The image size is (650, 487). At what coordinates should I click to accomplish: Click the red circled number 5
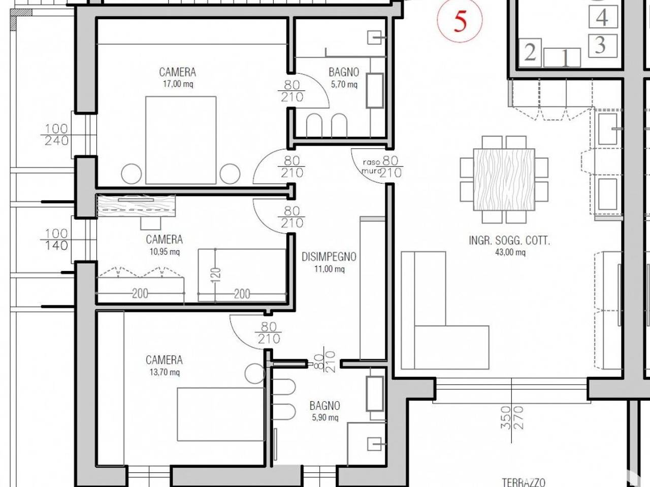coord(460,21)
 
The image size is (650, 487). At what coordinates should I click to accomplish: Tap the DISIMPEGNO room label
coord(329,257)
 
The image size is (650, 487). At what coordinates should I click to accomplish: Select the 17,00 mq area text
coord(178,84)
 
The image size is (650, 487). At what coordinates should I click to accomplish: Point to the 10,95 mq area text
coord(165,252)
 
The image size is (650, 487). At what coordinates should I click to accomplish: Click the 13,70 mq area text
coord(165,372)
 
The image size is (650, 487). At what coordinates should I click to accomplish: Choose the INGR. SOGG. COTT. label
coord(509,241)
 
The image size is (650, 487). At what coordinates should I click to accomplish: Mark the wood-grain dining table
coord(504,180)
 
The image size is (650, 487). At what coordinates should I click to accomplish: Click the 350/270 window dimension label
coord(512,418)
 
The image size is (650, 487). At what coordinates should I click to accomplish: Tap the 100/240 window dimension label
coord(56,134)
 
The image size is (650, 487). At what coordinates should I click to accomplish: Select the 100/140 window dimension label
coord(56,239)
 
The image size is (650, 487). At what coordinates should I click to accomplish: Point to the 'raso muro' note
coord(371,166)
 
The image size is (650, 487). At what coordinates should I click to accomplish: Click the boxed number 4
coord(602,17)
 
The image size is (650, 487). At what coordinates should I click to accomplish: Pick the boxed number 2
coord(530,53)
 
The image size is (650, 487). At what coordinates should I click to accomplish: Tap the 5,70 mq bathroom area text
coord(344,85)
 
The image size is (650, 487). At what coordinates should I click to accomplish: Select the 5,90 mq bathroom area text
coord(325,418)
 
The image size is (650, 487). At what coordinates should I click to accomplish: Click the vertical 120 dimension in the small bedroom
coord(216,275)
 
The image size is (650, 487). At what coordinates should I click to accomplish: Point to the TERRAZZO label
coord(524,482)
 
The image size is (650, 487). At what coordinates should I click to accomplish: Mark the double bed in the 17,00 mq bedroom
coord(181,140)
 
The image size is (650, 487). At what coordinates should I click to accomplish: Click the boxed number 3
coord(602,46)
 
